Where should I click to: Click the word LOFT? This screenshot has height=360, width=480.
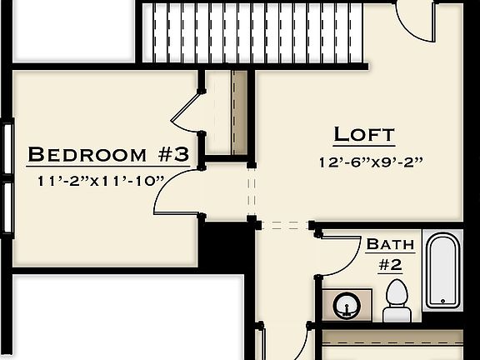[x=364, y=134]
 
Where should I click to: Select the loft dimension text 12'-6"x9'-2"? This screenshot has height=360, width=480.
[x=372, y=162]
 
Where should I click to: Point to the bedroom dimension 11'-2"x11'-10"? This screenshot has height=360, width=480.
[x=101, y=179]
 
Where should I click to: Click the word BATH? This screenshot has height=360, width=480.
[x=390, y=244]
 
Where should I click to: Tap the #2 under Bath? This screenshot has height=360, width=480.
[x=391, y=264]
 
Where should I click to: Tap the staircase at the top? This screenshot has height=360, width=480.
[x=253, y=32]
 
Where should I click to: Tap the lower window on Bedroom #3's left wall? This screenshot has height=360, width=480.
[x=7, y=209]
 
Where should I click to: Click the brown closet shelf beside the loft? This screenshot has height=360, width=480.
[x=240, y=112]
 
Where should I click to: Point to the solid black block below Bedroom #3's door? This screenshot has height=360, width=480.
[x=226, y=243]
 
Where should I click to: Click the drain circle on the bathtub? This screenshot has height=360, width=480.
[x=442, y=300]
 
